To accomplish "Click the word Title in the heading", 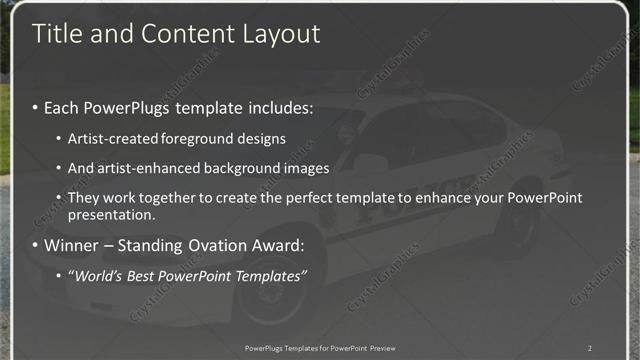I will click(56, 33).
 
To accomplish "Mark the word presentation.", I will click(111, 214).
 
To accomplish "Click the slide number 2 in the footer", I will click(590, 348).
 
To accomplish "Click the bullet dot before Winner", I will click(36, 245).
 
